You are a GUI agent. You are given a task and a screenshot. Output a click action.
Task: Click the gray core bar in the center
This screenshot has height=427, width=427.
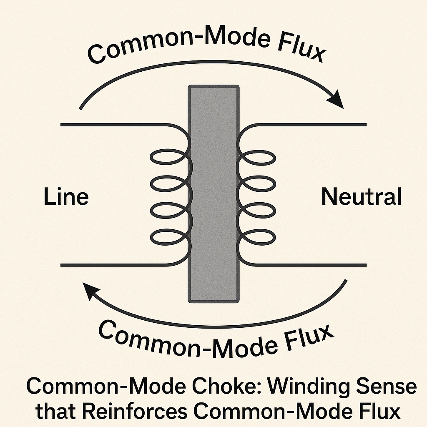click(214, 193)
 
